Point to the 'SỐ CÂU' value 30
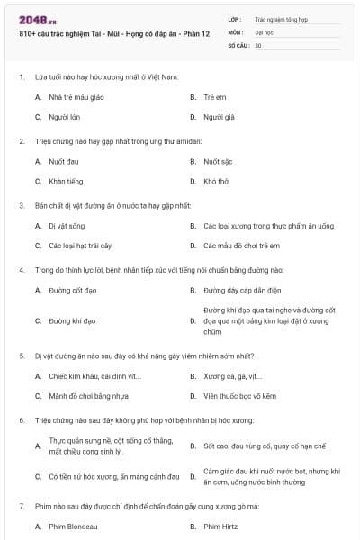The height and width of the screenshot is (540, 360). [x=258, y=44]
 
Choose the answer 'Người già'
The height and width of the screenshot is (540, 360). [x=219, y=117]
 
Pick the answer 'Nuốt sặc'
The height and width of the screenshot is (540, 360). [x=219, y=161]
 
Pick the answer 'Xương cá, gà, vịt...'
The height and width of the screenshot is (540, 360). [x=233, y=375]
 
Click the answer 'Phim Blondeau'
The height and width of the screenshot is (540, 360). [x=72, y=526]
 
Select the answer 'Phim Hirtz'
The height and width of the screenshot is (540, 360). [x=221, y=526]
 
